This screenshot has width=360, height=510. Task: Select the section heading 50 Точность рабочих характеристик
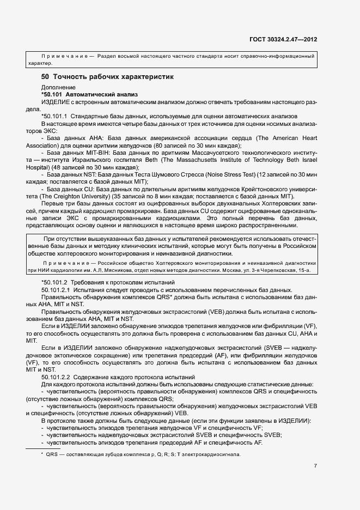108,77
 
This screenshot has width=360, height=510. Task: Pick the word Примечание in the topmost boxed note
64,56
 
